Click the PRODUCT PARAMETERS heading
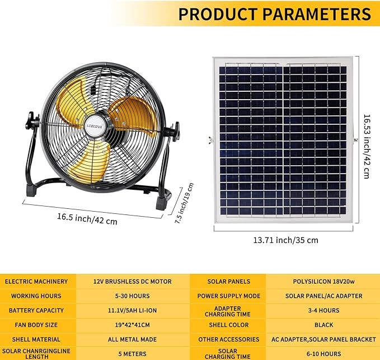(x=274, y=13)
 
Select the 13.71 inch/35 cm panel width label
(x=285, y=240)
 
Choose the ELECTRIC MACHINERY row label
(x=36, y=281)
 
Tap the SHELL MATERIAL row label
(x=36, y=339)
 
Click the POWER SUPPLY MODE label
(x=228, y=296)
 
